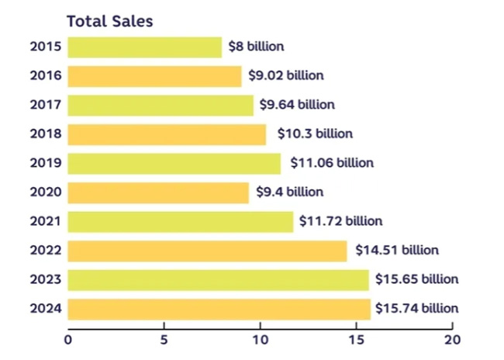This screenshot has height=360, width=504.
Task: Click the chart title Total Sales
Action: tap(109, 22)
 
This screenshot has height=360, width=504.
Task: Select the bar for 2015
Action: tap(144, 47)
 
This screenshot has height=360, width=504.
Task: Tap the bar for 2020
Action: tap(158, 192)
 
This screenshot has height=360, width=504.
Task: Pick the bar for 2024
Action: tap(219, 308)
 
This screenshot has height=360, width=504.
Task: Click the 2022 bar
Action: tap(207, 250)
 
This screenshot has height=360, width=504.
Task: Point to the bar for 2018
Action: tap(167, 133)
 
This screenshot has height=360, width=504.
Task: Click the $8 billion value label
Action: tap(256, 47)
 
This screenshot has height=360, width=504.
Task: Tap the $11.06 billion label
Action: tap(332, 163)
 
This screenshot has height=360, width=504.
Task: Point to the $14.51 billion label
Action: tap(397, 250)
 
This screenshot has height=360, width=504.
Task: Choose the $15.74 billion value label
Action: tap(416, 308)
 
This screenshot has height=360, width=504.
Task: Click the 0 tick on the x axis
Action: tap(68, 339)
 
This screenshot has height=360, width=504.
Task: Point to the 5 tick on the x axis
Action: tap(164, 339)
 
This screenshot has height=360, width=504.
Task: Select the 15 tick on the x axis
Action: tap(356, 339)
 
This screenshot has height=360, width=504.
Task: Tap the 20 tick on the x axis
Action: tap(452, 339)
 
